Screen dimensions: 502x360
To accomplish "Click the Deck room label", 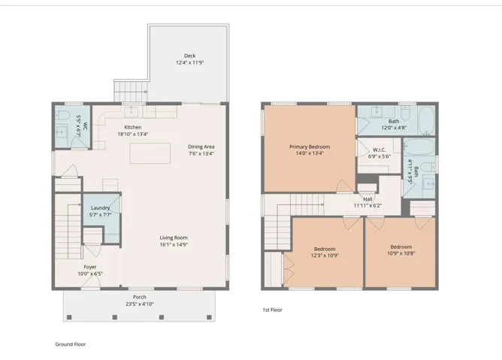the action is click(x=190, y=56).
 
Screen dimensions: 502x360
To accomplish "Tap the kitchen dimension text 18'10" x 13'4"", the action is click(x=133, y=135).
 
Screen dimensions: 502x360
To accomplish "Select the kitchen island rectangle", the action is click(x=150, y=153).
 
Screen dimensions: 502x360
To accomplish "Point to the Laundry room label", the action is click(x=100, y=208).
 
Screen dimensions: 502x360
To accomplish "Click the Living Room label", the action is click(x=174, y=237).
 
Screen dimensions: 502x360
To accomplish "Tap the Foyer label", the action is click(x=90, y=267).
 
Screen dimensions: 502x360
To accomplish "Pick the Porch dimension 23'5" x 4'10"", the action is click(x=140, y=304).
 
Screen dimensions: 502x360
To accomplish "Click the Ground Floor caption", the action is click(x=71, y=344).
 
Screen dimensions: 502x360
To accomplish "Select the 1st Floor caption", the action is click(x=273, y=310).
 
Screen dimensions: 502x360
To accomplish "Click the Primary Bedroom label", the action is click(x=310, y=147).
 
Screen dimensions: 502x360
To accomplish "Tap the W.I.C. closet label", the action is click(x=380, y=150).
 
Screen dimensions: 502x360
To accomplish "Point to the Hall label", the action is click(x=367, y=199).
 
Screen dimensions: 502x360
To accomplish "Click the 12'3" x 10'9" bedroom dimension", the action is click(x=325, y=256).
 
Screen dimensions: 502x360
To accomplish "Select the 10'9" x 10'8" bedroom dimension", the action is click(x=401, y=253).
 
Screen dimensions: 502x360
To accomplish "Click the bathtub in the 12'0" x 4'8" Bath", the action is click(x=426, y=120).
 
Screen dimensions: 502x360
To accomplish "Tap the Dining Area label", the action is click(x=201, y=147).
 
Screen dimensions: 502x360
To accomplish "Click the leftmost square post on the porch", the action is click(x=69, y=317).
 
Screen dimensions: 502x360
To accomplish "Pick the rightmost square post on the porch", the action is click(x=209, y=317).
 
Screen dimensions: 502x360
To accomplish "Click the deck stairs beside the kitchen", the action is click(x=131, y=92).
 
